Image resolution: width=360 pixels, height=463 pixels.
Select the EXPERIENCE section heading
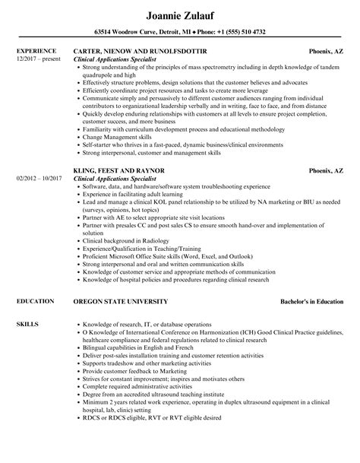(36, 51)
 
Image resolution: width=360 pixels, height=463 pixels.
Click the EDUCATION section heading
(35, 281)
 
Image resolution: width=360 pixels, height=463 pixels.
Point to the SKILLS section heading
(28, 303)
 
